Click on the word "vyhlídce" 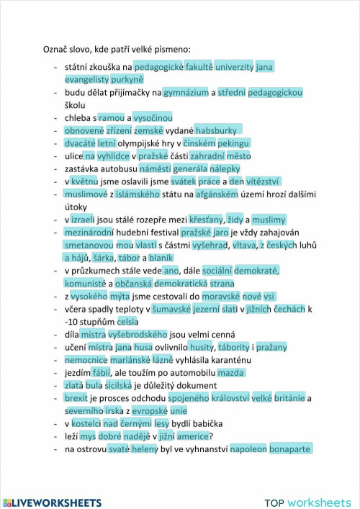(x=113, y=156)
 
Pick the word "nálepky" (x=238, y=168)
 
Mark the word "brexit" (x=76, y=398)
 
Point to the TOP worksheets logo (x=307, y=502)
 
